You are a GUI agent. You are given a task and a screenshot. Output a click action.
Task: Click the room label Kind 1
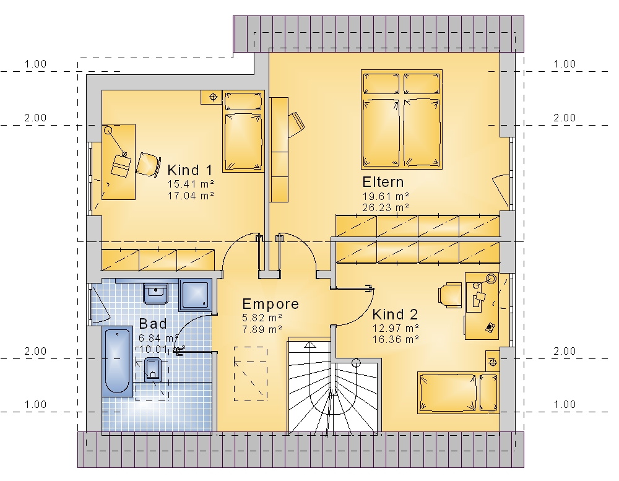[190, 170]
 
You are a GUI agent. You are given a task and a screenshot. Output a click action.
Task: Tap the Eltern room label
[383, 182]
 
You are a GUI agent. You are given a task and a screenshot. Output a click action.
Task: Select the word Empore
[271, 304]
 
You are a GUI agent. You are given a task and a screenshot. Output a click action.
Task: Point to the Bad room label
[153, 324]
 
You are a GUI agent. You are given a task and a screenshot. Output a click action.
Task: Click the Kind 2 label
[395, 314]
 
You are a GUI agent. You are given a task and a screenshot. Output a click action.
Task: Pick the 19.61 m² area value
[385, 196]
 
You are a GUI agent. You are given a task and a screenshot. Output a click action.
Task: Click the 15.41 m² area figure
[191, 184]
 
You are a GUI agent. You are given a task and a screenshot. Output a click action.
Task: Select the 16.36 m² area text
[396, 339]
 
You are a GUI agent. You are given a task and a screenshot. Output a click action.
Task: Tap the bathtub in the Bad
[117, 362]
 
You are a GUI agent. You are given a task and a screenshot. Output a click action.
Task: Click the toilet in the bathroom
[152, 370]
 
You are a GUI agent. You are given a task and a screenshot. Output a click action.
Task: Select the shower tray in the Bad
[196, 295]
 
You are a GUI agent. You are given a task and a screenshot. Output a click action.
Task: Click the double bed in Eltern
[402, 119]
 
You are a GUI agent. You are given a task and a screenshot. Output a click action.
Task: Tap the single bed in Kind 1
[243, 131]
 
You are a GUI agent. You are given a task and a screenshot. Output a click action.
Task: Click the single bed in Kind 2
[458, 392]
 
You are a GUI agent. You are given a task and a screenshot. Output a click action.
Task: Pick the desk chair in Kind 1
[148, 164]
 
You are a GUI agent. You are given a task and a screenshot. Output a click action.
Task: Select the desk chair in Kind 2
[450, 295]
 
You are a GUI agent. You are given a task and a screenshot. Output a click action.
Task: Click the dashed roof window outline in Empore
[251, 373]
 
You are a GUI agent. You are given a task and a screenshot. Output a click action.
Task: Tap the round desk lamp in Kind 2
[491, 279]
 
